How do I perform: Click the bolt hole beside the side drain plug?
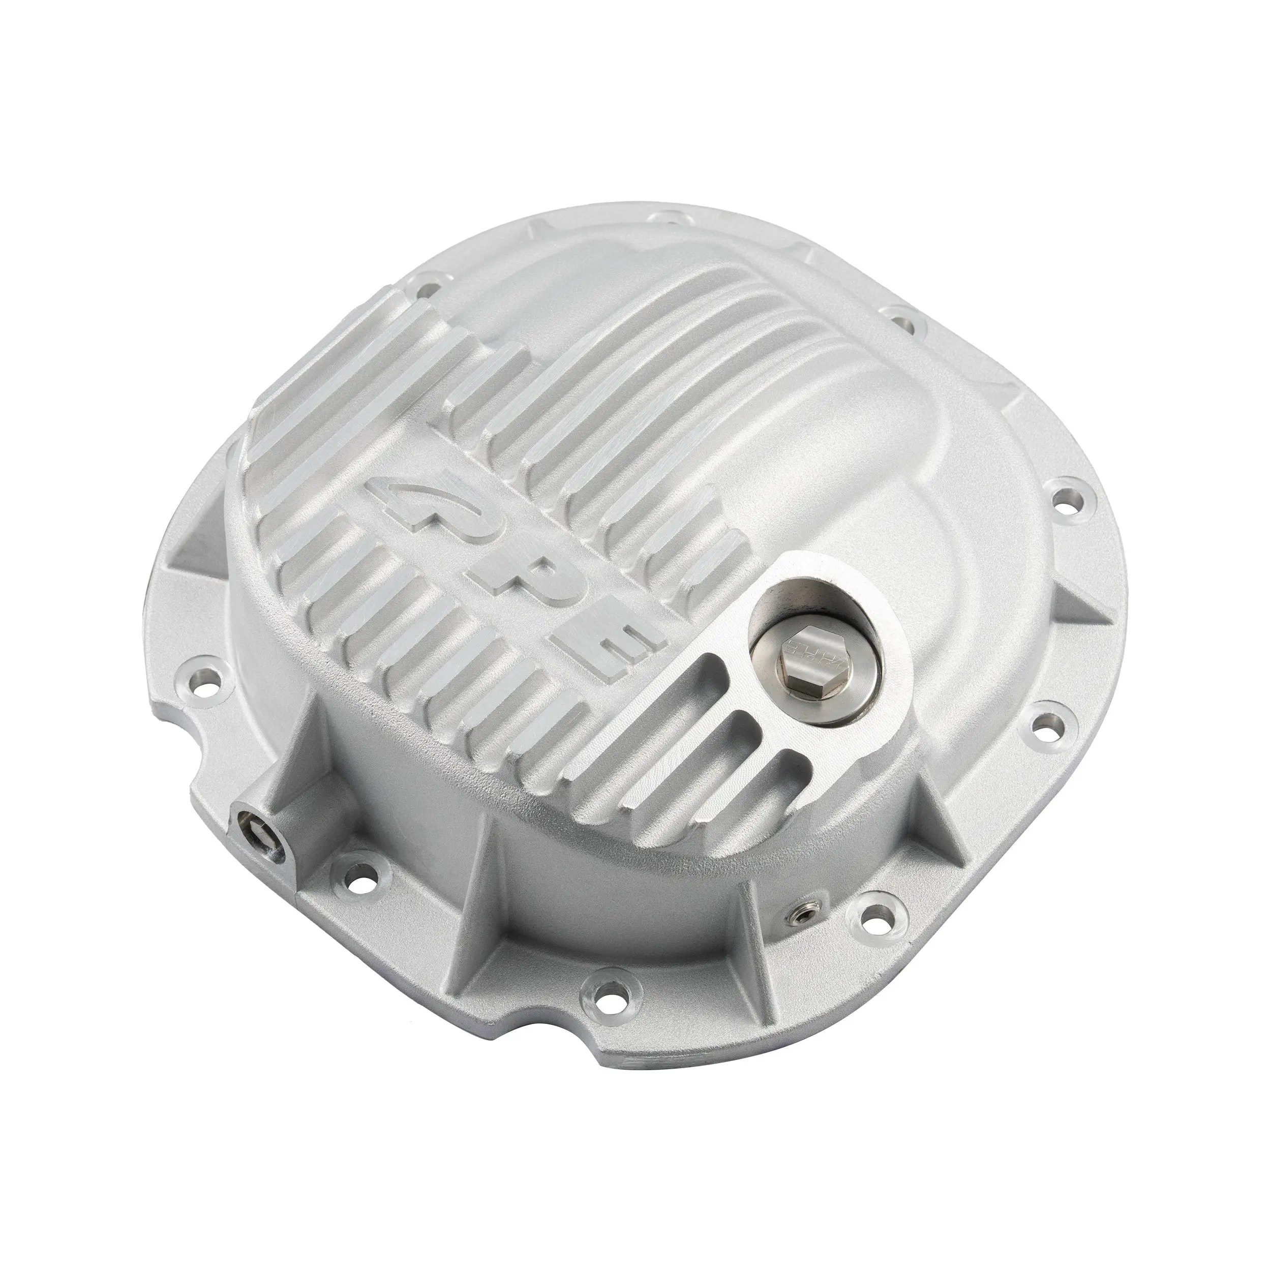tap(351, 872)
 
